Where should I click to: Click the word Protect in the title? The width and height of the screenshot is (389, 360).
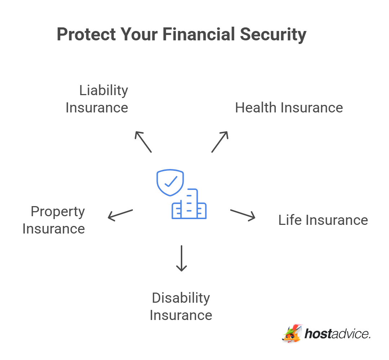coord(86,35)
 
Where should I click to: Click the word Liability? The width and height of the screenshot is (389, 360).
coord(103,90)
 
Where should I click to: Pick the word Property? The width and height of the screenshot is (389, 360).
coord(58,212)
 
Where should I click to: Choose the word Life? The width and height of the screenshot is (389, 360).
coord(289,220)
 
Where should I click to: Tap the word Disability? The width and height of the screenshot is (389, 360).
coord(181,298)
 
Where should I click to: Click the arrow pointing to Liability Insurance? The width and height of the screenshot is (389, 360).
coord(143,142)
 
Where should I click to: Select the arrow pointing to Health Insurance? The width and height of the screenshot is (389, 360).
coord(220,142)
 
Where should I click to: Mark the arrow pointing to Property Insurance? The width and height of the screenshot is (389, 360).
coord(120,215)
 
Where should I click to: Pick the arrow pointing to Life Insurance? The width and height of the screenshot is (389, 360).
coord(243,214)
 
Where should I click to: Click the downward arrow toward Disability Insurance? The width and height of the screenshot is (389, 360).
coord(182,258)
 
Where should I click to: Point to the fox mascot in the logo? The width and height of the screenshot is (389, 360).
coord(292,333)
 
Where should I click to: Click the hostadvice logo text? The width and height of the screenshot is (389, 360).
coord(337,334)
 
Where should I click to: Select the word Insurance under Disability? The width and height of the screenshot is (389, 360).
coord(181,315)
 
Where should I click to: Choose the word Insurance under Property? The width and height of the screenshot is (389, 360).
coord(54,229)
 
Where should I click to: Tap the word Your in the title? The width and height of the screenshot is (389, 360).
coord(139,35)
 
